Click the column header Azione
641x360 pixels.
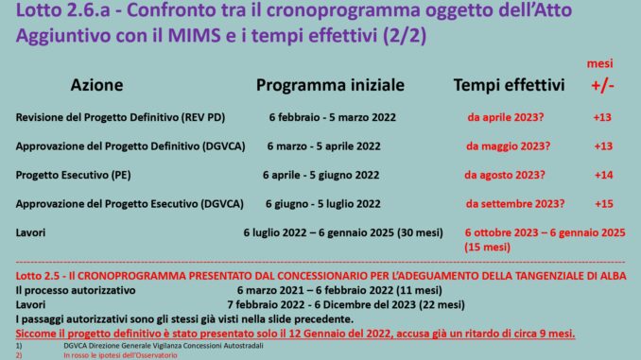(96, 85)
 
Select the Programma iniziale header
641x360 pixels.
(330, 85)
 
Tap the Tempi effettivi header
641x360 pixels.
(509, 85)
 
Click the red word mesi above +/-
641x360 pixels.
(599, 63)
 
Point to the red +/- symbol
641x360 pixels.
(602, 85)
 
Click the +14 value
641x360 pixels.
(603, 175)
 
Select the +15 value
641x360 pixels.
(604, 203)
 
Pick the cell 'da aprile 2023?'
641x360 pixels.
(506, 117)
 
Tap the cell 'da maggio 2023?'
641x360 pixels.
(508, 146)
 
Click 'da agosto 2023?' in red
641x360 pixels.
(505, 175)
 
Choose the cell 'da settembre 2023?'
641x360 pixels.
(515, 203)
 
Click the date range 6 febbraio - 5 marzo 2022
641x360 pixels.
(333, 117)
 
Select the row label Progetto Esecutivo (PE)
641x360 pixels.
(73, 175)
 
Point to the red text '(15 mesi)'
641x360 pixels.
(487, 248)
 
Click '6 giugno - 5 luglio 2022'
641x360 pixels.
(323, 203)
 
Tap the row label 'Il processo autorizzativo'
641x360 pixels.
(76, 290)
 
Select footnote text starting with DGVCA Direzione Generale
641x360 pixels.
(164, 346)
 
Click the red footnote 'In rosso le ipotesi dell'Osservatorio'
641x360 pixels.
(120, 355)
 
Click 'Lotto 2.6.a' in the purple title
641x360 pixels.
(63, 10)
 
